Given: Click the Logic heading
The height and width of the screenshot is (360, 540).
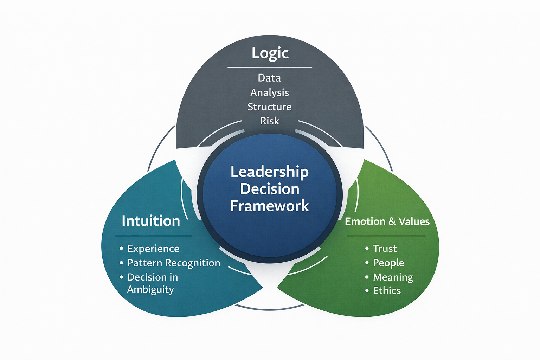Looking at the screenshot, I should click(270, 53).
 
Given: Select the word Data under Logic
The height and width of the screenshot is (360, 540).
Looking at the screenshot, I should click(269, 78).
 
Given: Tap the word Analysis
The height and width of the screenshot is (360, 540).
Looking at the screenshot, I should click(270, 92).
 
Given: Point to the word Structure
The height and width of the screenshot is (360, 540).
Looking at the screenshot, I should click(270, 107).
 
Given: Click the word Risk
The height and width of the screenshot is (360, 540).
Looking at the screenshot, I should click(270, 121).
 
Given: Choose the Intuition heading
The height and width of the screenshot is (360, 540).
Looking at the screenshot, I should click(151, 221).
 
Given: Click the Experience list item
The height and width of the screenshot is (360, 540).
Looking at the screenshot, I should click(153, 249).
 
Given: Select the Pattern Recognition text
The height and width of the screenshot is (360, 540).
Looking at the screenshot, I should click(174, 263).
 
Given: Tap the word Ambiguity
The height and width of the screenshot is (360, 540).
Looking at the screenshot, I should click(150, 290).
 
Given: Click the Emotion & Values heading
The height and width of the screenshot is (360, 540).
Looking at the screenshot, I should click(387, 221).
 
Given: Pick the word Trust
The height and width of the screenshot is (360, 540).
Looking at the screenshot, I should click(385, 249).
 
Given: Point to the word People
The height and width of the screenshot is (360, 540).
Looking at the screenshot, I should click(388, 263).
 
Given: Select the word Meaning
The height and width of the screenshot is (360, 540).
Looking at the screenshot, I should click(393, 277).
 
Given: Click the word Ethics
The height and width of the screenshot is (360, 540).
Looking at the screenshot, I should click(387, 291).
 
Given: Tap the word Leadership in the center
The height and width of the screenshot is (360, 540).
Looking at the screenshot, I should click(270, 172).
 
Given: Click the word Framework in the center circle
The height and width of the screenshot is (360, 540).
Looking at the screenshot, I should click(270, 206).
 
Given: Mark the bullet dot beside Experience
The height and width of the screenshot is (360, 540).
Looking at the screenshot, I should click(121, 249).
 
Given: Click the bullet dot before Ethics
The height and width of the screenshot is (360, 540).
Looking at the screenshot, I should click(367, 291).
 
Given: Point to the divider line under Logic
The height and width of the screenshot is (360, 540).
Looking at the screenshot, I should click(270, 67).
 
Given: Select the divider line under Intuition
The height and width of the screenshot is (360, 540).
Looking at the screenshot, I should click(153, 236).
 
